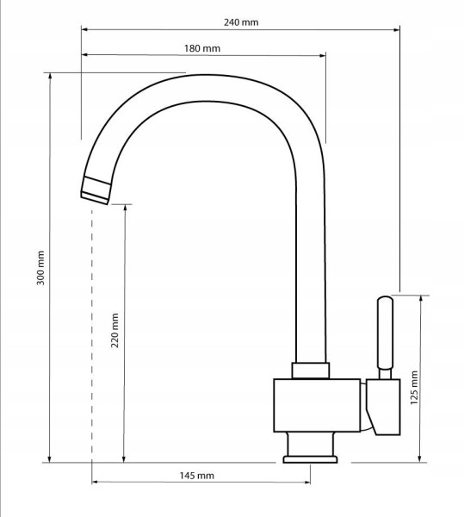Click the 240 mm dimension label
pos(241,22)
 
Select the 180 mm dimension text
pos(202,48)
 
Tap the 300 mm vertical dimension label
pos(40,268)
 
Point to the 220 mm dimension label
pos(114,330)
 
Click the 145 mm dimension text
pos(196,476)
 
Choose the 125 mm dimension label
pos(414,388)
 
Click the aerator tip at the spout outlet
pos(96,190)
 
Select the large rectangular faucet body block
pos(317,405)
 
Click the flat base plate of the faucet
pos(310,459)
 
